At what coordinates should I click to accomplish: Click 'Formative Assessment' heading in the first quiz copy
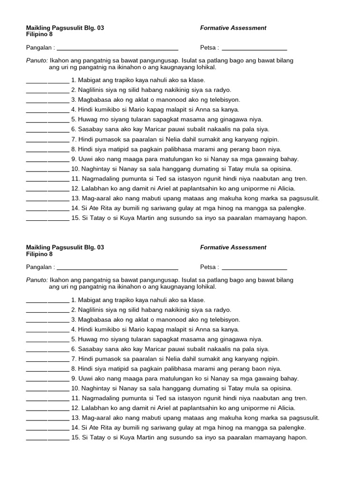tap(233, 28)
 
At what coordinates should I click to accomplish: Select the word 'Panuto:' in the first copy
tap(37, 61)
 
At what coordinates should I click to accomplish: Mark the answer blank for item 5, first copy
tap(47, 120)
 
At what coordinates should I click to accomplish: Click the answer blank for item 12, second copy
tap(47, 408)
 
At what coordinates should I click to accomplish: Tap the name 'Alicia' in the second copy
tap(285, 408)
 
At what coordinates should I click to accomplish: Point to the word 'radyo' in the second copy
tap(223, 310)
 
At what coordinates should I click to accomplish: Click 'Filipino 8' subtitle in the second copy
tap(39, 254)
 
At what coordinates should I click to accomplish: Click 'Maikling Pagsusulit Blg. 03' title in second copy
tap(65, 247)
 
